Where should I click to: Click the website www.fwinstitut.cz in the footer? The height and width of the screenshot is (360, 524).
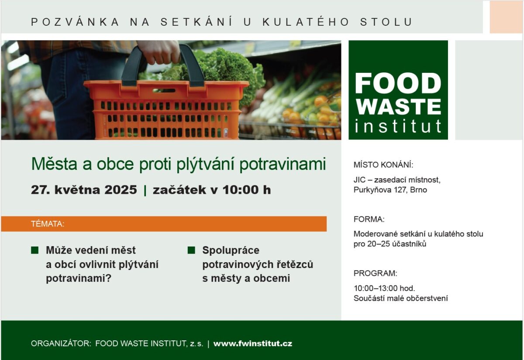click(253, 343)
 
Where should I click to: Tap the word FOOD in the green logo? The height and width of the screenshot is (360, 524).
click(398, 83)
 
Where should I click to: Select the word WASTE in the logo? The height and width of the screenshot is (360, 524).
click(398, 106)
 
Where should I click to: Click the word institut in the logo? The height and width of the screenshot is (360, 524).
click(398, 126)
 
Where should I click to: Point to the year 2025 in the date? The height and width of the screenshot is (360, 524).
click(121, 189)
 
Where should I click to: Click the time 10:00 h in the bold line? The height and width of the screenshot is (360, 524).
click(247, 189)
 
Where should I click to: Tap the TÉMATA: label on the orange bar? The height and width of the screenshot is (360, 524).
click(48, 224)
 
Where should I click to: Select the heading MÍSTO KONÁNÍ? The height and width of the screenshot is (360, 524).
click(383, 165)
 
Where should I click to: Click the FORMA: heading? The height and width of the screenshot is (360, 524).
click(369, 219)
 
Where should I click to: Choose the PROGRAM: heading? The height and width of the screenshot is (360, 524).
click(375, 273)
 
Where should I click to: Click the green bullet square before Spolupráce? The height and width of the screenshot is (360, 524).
click(191, 250)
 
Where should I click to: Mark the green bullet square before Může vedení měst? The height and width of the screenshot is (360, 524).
click(34, 250)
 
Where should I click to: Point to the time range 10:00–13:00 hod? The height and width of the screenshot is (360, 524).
click(384, 288)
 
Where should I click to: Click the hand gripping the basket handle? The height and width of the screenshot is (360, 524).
click(159, 51)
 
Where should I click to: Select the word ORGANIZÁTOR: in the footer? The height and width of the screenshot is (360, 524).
click(61, 343)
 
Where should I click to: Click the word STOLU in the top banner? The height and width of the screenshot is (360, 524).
click(386, 22)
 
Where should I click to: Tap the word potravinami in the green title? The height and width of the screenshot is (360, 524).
click(283, 164)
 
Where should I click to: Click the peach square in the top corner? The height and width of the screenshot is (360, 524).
click(506, 17)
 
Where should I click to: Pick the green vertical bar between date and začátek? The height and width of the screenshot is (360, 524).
click(145, 190)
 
